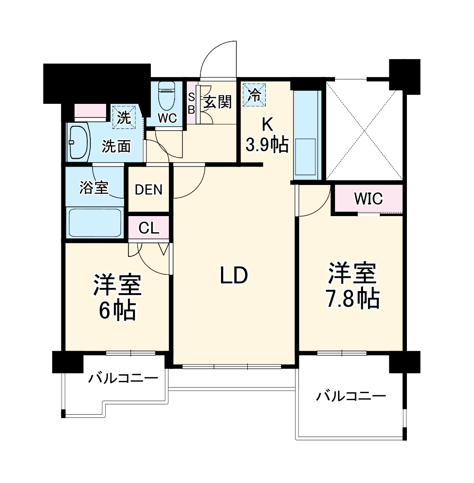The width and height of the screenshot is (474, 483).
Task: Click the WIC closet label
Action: [368, 199]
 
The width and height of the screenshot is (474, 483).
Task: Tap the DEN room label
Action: [148, 190]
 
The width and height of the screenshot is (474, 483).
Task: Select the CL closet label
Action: [149, 228]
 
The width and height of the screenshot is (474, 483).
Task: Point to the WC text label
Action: [167, 118]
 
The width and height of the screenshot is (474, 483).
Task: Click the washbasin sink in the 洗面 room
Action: [78, 142]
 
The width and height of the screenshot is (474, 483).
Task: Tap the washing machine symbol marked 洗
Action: [125, 117]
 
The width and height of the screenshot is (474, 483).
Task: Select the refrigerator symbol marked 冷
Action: [255, 94]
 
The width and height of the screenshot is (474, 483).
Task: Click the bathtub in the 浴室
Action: [95, 222]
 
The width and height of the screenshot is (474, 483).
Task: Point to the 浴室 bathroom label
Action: [94, 188]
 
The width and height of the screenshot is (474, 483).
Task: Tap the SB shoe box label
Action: [191, 103]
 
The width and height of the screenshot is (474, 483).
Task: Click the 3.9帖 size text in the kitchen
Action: [267, 145]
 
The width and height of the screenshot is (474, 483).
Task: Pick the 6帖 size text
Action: [116, 311]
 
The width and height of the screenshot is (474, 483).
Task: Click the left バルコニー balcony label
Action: [123, 377]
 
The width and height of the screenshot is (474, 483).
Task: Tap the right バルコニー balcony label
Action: [351, 397]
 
